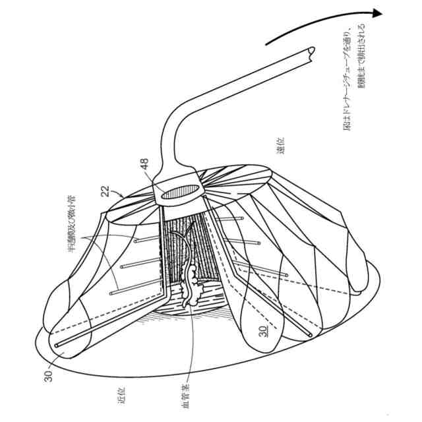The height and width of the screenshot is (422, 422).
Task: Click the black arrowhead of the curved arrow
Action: coord(376,13)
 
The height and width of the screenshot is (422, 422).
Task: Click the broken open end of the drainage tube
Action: coord(311,55)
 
